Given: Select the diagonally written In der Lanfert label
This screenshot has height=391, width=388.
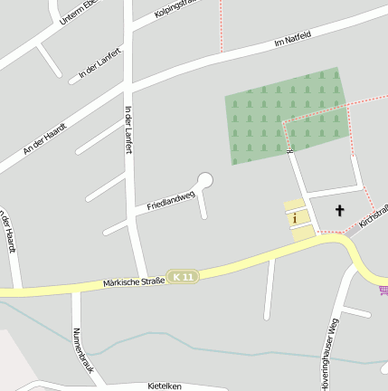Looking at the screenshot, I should coord(99,60).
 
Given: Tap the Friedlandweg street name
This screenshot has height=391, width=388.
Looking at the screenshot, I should coord(171,200).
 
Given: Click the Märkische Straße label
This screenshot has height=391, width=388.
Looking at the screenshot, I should coord(135,282).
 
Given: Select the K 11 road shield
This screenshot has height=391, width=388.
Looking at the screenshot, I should coord(183,276).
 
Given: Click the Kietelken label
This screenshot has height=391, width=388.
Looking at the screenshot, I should coord(165,386).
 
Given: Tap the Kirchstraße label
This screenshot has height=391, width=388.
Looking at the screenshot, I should coord(373,214).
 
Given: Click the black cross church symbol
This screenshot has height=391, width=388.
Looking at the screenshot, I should coord(340,211).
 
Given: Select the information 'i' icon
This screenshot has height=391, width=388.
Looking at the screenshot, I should coord(294,217).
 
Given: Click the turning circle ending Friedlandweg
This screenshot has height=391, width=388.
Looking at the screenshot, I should coord(205,180).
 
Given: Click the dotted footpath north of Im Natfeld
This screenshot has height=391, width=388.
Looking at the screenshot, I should coord(220,23).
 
